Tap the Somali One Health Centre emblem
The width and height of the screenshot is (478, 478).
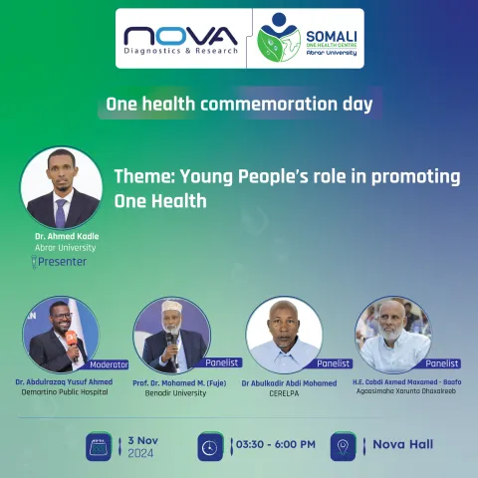[x=278, y=38]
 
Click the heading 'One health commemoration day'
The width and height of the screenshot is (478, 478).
[x=238, y=103]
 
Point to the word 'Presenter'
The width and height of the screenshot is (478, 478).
[x=63, y=262]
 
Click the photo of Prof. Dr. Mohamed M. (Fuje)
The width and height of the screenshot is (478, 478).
[x=170, y=335]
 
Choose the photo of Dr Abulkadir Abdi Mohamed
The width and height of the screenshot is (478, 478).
[x=284, y=335]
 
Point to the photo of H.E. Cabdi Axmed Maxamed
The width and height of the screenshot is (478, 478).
[x=394, y=335]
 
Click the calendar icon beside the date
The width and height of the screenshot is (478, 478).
[x=99, y=445]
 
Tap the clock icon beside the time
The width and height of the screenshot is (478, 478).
[x=210, y=445]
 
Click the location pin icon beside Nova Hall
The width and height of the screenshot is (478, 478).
[x=344, y=445]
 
